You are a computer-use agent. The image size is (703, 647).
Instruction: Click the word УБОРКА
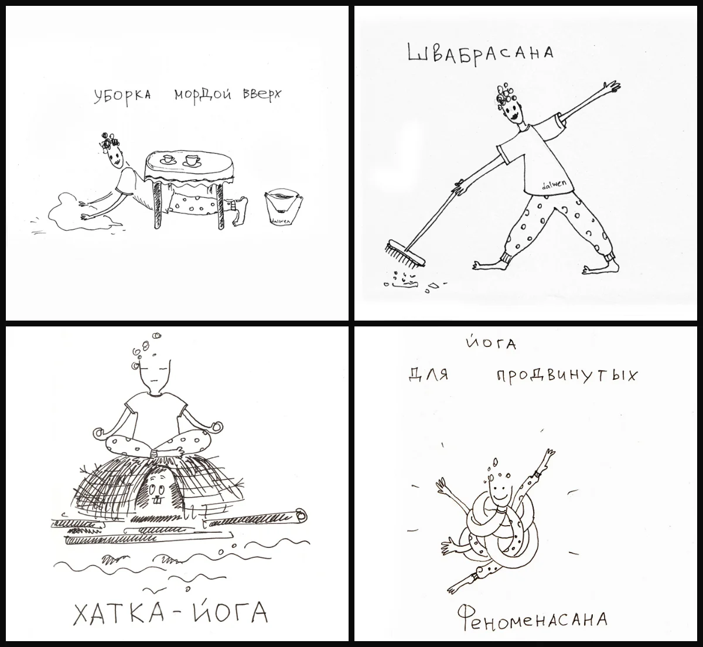(x=121, y=97)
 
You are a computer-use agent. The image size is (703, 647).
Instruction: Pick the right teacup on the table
(x=191, y=160)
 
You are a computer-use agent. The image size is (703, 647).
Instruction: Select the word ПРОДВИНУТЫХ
(x=565, y=374)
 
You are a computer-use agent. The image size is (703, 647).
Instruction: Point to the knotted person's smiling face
(x=499, y=491)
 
